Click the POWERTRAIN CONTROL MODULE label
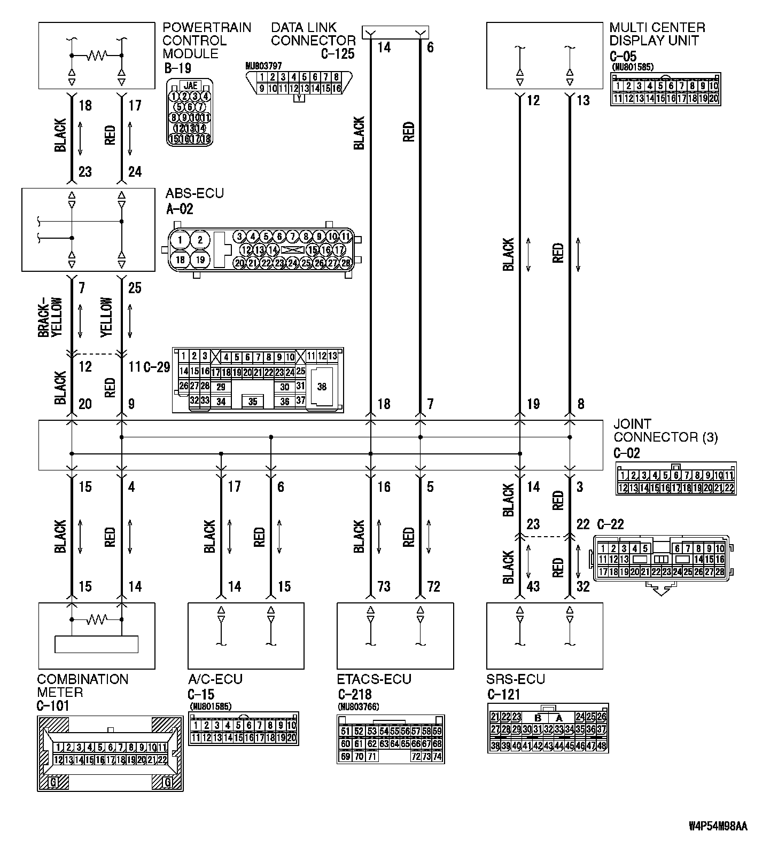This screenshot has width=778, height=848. tap(206, 41)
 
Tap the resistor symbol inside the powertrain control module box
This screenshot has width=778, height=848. tap(98, 55)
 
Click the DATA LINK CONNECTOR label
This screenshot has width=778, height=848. tap(313, 34)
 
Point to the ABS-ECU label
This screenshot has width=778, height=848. tap(194, 193)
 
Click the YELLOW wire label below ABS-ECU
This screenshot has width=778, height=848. tap(107, 317)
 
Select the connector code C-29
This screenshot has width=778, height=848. tap(157, 367)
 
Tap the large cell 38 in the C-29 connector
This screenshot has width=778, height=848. tap(321, 387)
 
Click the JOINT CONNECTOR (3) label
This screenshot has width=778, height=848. tap(665, 430)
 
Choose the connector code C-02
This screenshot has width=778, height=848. tap(626, 453)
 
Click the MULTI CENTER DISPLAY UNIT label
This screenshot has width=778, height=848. tap(657, 34)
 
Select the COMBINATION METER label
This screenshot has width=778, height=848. tap(82, 686)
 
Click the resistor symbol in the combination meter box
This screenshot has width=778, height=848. tap(98, 619)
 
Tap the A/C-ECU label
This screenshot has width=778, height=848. tap(215, 679)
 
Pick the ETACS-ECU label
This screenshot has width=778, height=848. tap(374, 679)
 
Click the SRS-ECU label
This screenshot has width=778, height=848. tap(516, 679)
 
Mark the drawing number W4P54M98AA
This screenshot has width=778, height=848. tap(718, 826)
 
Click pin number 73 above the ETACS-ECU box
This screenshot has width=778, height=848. tap(384, 587)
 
